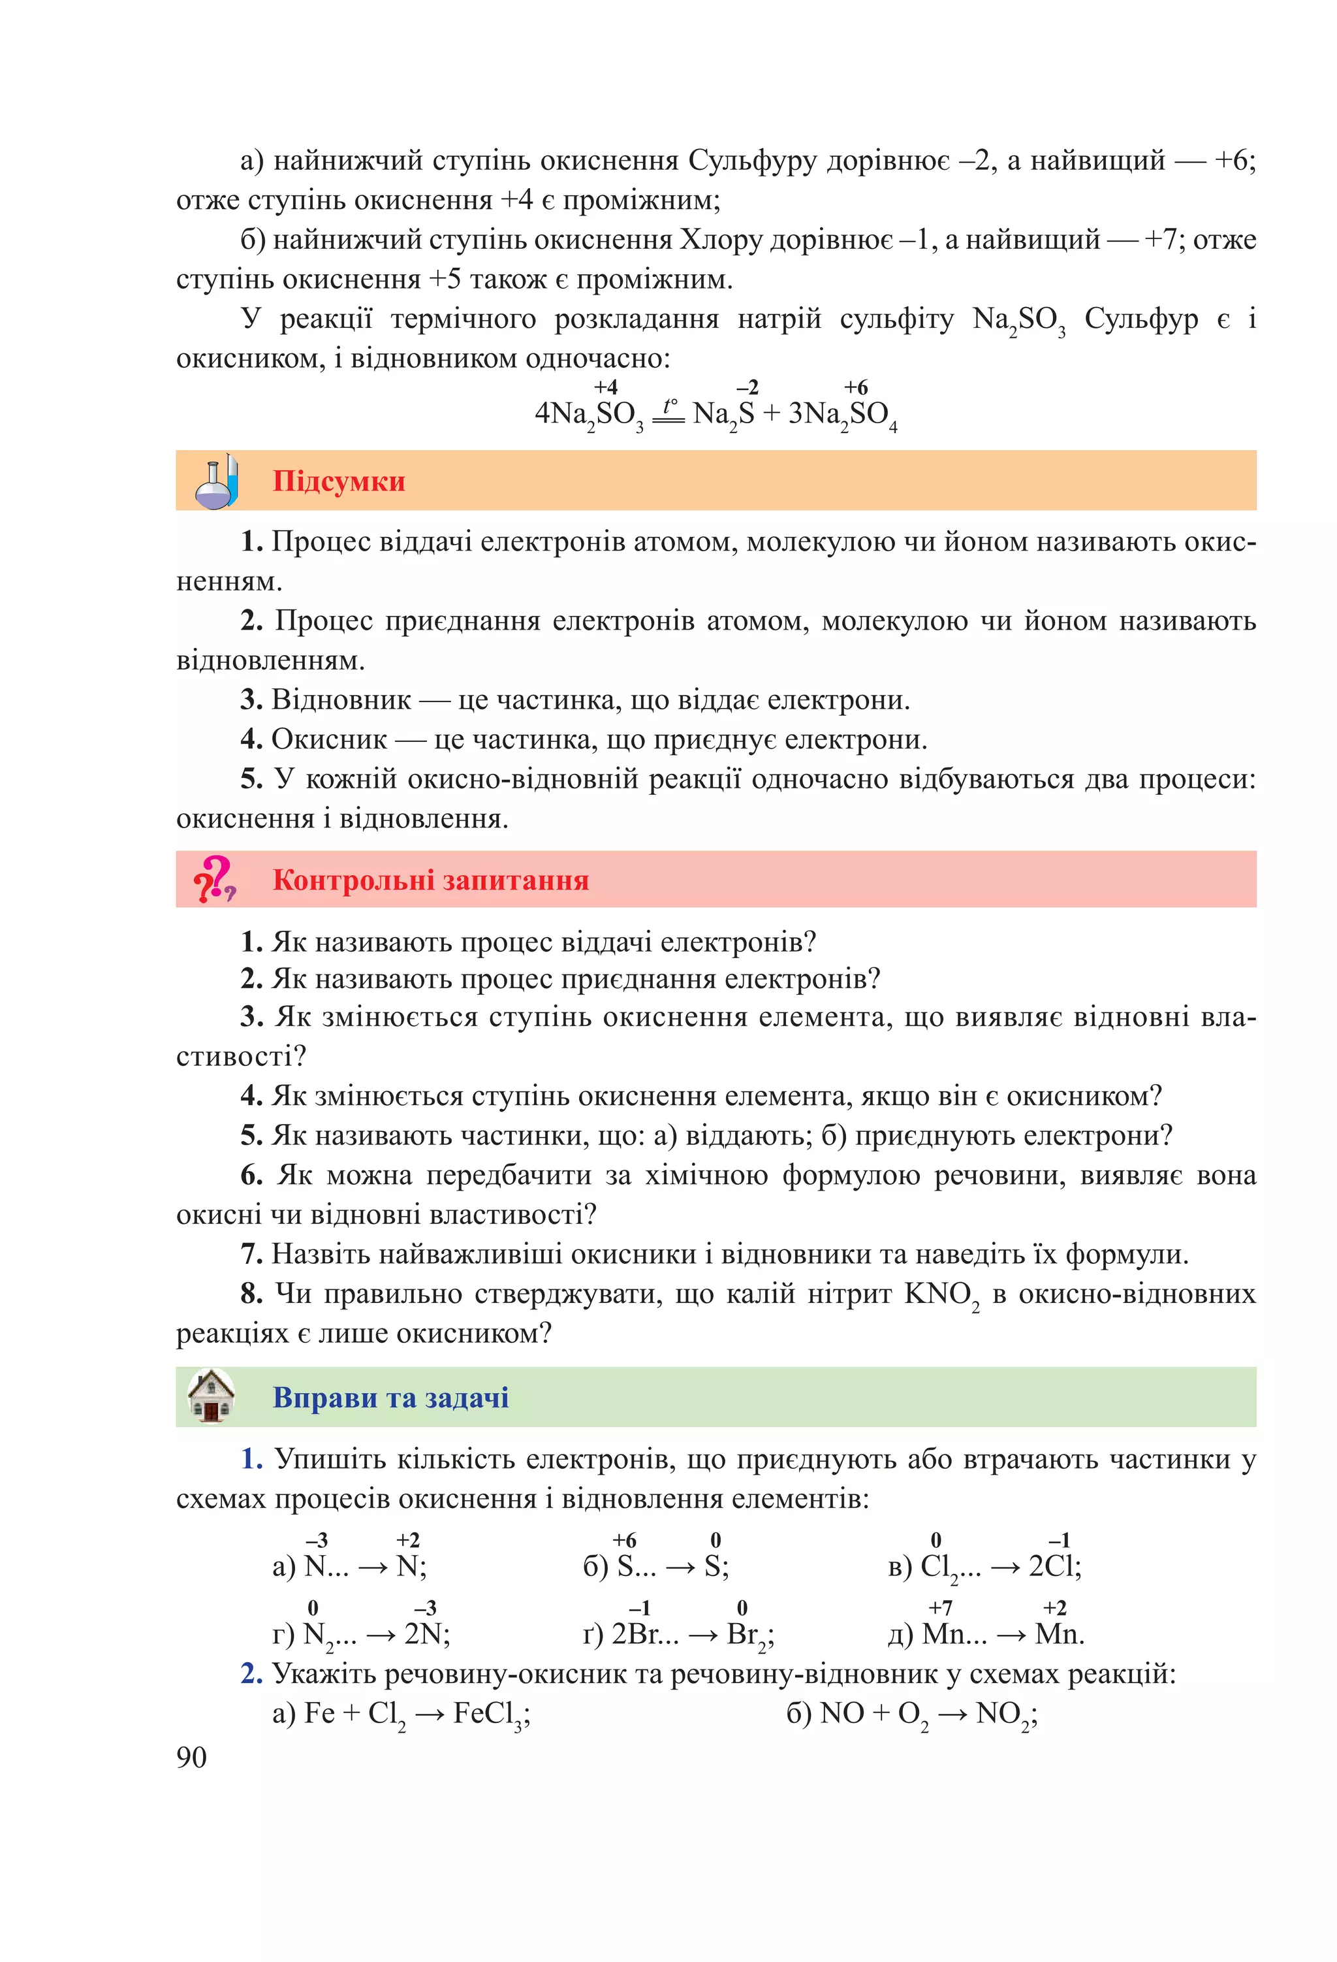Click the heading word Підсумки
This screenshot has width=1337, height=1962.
(x=338, y=481)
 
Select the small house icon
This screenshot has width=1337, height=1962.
(x=211, y=1396)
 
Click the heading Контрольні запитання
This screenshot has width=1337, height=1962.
(x=430, y=880)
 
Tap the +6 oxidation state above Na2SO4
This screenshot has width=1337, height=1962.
(x=856, y=387)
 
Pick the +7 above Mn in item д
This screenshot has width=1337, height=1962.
(x=940, y=1608)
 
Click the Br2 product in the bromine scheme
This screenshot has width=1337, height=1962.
(x=748, y=1635)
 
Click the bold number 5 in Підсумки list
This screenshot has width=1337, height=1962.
(x=251, y=779)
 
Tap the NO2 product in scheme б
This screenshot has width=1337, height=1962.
(x=1005, y=1714)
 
